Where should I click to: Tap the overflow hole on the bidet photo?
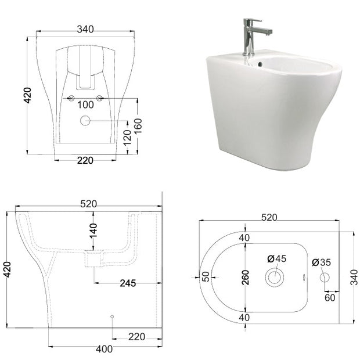click(x=260, y=64)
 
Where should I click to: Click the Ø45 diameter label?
click(x=277, y=258)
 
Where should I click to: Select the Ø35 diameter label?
click(x=322, y=262)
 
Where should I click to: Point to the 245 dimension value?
click(x=128, y=283)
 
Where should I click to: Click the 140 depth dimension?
click(x=93, y=231)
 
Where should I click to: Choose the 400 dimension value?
click(x=105, y=349)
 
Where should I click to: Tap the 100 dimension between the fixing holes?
click(x=85, y=105)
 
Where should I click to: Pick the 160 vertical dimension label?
click(x=138, y=126)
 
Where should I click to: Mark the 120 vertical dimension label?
click(x=127, y=137)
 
